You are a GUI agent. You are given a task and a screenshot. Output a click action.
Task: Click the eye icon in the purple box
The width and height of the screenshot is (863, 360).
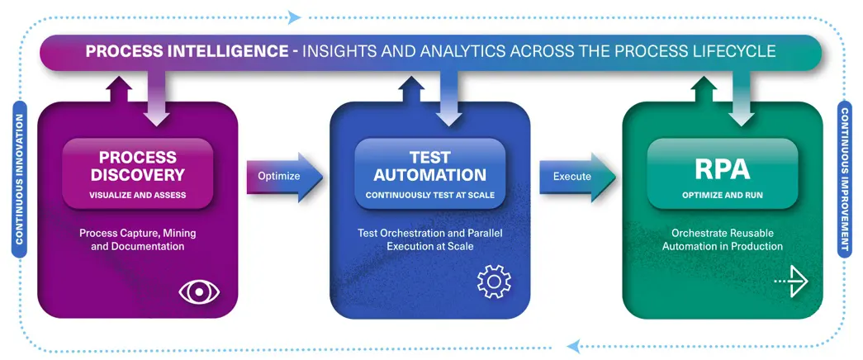point(199,291)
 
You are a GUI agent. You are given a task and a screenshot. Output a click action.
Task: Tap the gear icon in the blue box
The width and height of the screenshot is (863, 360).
point(494,282)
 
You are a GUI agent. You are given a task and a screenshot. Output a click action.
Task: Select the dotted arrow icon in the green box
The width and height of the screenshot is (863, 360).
point(791,282)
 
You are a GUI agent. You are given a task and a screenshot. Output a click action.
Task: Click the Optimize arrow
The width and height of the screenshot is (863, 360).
point(285,177)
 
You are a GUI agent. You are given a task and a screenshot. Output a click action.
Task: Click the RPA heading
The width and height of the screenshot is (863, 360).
point(722,169)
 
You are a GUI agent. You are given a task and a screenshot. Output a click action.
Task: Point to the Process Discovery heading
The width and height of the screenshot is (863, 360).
point(138,166)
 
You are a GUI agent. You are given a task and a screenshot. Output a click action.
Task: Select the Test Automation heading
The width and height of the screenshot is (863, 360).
point(430,166)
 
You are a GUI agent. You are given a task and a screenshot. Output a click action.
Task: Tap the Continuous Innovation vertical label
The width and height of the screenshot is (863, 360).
point(20,179)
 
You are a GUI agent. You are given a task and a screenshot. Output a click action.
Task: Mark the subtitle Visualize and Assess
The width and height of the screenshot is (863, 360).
point(138,195)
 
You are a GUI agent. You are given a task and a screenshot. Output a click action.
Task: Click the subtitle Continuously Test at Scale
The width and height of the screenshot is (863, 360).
point(430,195)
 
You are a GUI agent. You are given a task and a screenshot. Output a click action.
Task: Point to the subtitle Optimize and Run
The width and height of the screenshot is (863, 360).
point(722,195)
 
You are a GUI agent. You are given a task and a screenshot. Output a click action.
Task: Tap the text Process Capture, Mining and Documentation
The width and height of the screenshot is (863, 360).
point(138,239)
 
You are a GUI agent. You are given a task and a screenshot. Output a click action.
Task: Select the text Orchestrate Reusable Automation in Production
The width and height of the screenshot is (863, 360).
point(722,239)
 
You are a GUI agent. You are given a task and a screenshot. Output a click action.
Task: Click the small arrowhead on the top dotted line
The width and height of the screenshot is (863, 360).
point(295,17)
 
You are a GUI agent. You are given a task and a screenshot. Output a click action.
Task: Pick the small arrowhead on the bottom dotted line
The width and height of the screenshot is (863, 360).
point(573,346)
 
